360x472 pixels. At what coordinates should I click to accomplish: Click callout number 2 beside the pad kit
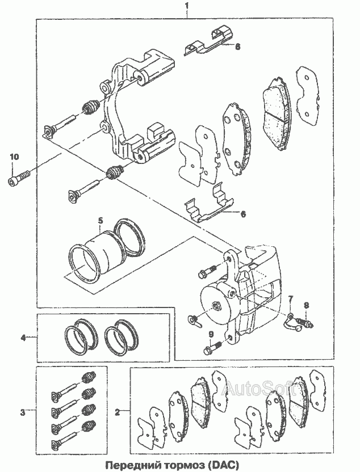point(117,412)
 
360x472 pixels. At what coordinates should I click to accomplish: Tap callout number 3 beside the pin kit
point(22,412)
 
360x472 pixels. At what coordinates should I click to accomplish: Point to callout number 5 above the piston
point(100,220)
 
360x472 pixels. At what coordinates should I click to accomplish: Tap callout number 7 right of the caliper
point(290,298)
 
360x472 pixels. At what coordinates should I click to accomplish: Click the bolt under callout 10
point(18,178)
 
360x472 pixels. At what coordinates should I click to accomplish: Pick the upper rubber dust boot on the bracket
point(91,106)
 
